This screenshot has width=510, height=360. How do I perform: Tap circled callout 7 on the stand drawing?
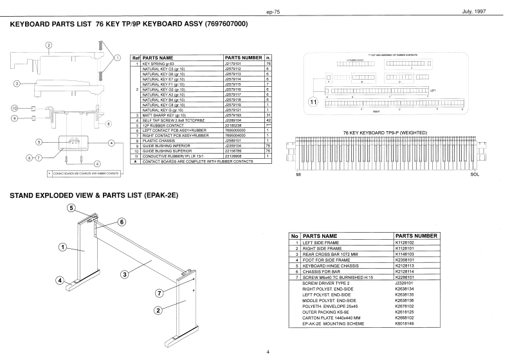pos(160,294)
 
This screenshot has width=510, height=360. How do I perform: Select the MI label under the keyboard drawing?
pos(298,175)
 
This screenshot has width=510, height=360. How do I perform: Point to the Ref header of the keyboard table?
pos(136,57)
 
